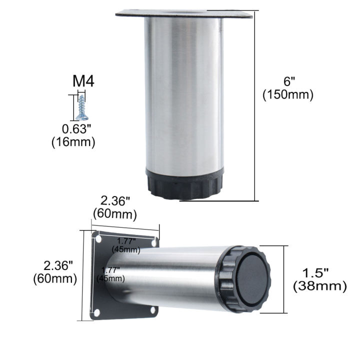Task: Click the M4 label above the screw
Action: pos(83,81)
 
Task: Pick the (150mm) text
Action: pos(288,95)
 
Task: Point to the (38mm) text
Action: pos(319,286)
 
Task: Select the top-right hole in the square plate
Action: pos(154,242)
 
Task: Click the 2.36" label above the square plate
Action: pos(115,201)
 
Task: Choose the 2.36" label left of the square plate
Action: pos(55,265)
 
